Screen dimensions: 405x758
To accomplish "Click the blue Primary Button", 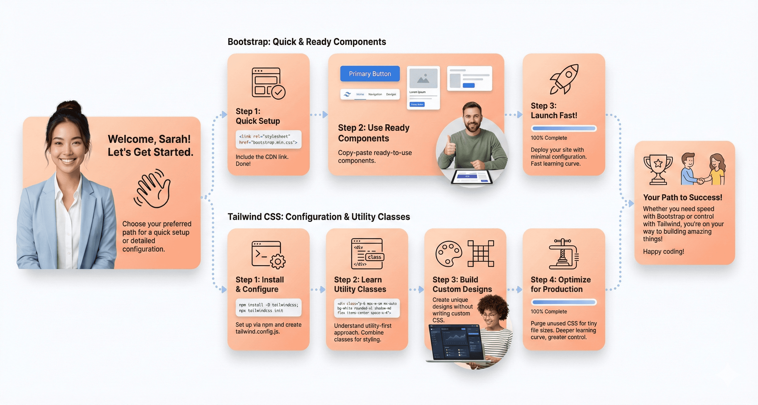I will click(x=370, y=74).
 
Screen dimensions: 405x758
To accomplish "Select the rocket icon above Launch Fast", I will click(x=564, y=79).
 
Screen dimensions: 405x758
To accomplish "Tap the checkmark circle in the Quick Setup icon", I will click(x=278, y=92).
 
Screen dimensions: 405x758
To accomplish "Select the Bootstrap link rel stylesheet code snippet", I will click(x=268, y=139).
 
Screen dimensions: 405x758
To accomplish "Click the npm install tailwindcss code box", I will click(x=268, y=308).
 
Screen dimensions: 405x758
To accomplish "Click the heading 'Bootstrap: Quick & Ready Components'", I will click(x=307, y=42).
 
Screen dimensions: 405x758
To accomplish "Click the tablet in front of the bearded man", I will click(x=471, y=177).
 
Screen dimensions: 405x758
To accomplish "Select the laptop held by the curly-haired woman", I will click(x=455, y=343).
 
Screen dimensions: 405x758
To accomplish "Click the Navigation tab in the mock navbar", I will click(x=375, y=95).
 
